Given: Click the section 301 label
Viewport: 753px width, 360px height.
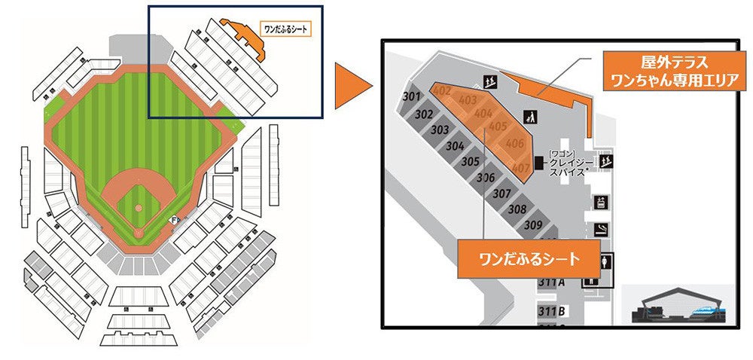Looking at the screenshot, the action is pos(411,97).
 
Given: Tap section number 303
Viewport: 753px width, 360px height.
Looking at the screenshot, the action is pos(440,130).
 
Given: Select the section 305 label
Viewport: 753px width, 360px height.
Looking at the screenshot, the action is pos(471,161).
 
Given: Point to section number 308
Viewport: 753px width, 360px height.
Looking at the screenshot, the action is pos(517,209).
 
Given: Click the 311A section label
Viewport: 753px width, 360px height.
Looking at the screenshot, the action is pos(551,282).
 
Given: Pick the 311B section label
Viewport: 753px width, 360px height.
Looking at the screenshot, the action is pos(552,311).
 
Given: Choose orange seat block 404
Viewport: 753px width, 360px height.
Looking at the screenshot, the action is pos(483,114).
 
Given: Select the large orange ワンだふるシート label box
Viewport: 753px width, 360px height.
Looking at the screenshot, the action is pos(530,259).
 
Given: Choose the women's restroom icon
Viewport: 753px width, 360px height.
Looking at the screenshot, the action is pos(606,263).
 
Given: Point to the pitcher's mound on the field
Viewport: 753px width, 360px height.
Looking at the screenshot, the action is pos(138,206).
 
